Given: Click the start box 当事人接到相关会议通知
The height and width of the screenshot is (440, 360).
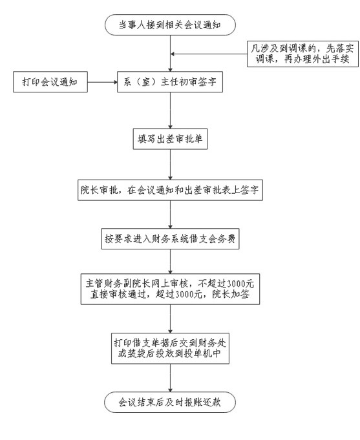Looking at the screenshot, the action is click(170, 25).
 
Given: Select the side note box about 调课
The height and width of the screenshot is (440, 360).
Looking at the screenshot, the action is click(302, 54).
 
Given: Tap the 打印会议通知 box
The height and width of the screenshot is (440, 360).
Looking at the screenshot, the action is click(50, 82).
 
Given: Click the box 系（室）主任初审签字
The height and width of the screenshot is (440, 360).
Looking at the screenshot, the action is click(170, 82).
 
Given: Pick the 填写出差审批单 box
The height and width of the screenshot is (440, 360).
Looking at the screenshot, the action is click(170, 139).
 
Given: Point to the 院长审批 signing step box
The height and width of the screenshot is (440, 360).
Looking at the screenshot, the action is click(170, 190).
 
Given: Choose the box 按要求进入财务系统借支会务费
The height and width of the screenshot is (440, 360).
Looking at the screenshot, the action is click(170, 239).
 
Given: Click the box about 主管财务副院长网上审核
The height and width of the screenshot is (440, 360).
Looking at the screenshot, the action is click(170, 289).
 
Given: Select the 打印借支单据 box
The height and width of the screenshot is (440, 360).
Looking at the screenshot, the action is click(170, 348).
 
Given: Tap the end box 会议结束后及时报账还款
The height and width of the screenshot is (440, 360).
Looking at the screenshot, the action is click(170, 403).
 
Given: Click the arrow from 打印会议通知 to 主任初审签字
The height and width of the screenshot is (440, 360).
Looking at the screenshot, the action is click(102, 82).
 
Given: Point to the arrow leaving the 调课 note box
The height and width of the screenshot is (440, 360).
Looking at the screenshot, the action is click(209, 54).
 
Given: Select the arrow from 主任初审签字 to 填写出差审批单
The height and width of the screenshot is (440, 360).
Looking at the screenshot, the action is click(170, 110).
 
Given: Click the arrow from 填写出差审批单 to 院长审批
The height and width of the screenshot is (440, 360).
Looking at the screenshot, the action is click(170, 165).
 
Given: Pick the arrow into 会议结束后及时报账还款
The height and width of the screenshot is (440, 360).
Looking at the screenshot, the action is click(170, 378).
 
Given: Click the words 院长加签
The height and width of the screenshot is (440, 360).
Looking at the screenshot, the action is click(231, 295).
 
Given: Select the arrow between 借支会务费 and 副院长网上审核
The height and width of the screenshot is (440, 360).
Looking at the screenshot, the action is click(170, 261).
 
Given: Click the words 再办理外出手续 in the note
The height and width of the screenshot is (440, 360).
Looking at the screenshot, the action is click(317, 59).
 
